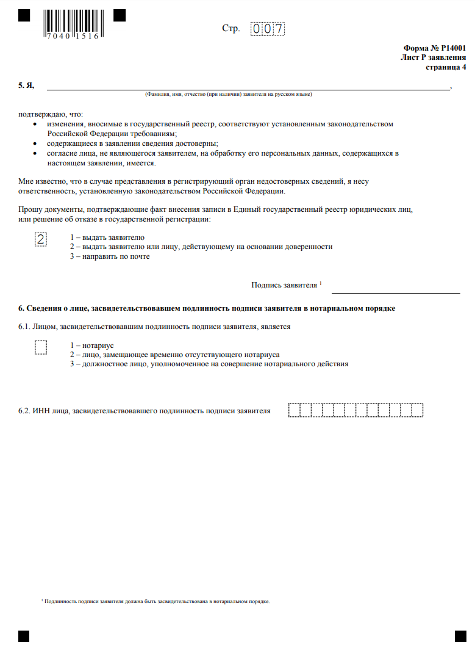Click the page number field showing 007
(x=268, y=29)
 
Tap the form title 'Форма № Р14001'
(x=434, y=47)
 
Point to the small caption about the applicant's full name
(x=228, y=95)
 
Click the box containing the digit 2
(x=41, y=239)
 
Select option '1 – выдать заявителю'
(x=107, y=237)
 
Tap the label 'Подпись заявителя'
(x=284, y=285)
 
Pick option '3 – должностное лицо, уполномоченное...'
(x=209, y=364)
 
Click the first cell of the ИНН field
(x=293, y=410)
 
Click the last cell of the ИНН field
(x=417, y=410)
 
